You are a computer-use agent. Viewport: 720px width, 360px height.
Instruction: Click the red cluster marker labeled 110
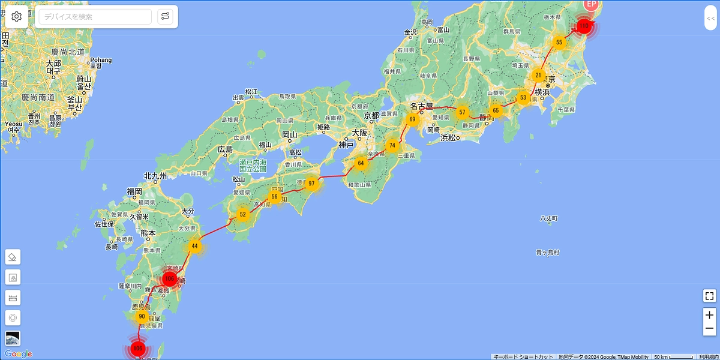tap(584, 26)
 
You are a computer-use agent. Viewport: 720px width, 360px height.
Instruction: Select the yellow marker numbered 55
tap(559, 42)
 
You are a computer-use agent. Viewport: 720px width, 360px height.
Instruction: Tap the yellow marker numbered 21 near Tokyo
tap(538, 76)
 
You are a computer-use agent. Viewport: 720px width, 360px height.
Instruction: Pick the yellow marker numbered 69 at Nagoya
tap(412, 119)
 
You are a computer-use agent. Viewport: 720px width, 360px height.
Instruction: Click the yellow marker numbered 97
tap(311, 184)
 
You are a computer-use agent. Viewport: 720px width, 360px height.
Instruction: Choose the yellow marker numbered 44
tap(194, 246)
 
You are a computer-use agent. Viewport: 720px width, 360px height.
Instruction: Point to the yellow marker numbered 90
tap(142, 316)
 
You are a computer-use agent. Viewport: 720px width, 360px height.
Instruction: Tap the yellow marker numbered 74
tap(392, 145)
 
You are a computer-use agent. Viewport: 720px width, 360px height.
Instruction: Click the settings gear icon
tap(16, 17)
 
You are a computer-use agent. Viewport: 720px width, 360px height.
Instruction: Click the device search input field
tap(95, 17)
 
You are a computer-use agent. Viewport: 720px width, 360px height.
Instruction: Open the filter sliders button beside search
tap(165, 17)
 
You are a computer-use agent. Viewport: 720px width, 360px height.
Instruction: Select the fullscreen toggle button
tap(709, 296)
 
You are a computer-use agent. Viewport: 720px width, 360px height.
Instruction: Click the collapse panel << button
tap(710, 19)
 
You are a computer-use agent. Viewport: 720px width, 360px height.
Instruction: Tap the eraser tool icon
tap(13, 257)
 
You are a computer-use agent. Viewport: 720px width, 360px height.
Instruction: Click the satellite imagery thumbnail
tap(13, 338)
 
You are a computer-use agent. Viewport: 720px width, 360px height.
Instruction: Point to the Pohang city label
tap(101, 60)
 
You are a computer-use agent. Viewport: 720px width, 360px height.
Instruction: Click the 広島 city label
tap(225, 149)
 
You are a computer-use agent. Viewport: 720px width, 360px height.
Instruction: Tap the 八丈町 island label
tap(549, 218)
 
